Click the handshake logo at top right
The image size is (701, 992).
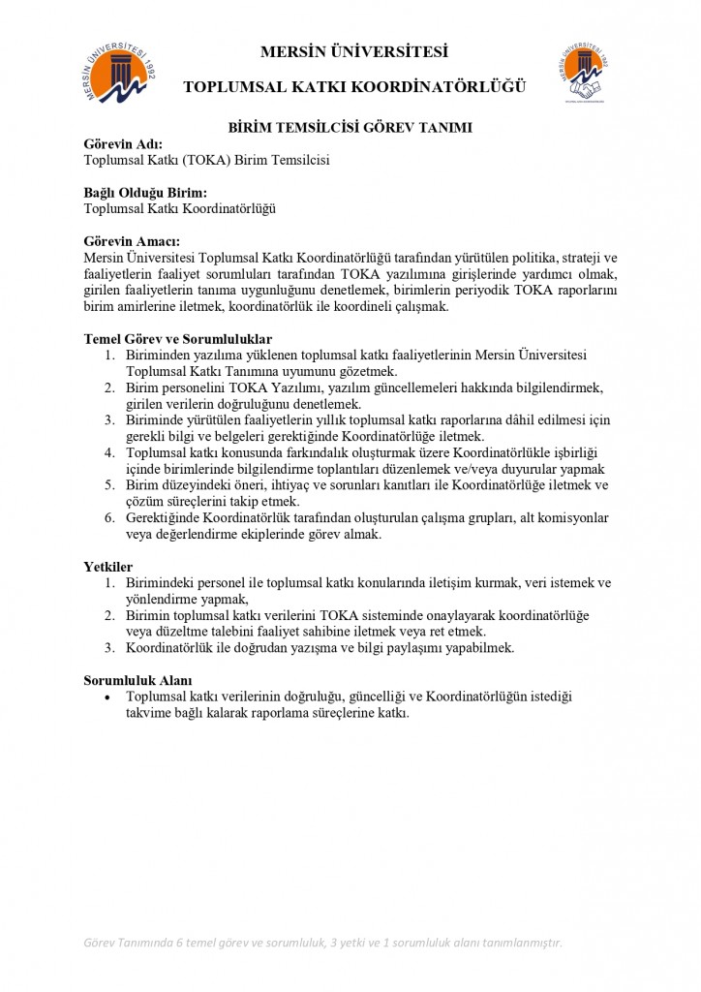tap(585, 73)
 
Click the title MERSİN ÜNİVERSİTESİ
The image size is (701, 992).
tap(353, 52)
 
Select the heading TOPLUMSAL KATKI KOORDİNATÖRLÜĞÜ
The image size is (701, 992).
tap(354, 88)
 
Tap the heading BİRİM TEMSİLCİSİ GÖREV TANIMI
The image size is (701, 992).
tap(350, 127)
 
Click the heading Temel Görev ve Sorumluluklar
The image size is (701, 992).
tap(178, 339)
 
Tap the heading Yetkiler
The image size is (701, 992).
tap(108, 566)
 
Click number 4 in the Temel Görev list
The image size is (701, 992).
tap(109, 452)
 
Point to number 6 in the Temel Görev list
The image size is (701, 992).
tap(109, 518)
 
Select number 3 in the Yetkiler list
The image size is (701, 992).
tap(109, 647)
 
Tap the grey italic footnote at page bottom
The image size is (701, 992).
tap(322, 943)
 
